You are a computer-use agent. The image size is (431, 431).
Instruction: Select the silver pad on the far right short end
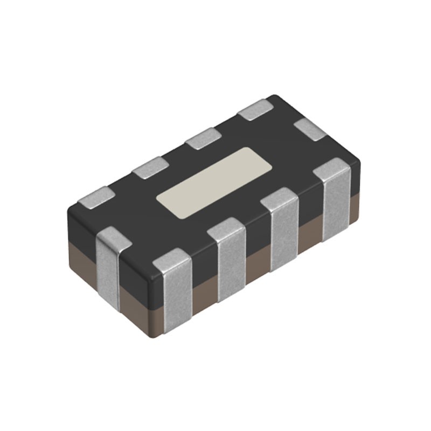tap(311, 129)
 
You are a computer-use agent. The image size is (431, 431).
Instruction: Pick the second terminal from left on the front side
tap(227, 259)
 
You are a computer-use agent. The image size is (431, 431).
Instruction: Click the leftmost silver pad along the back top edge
tap(96, 197)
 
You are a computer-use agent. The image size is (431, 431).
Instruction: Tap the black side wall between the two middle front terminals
tap(256, 237)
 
